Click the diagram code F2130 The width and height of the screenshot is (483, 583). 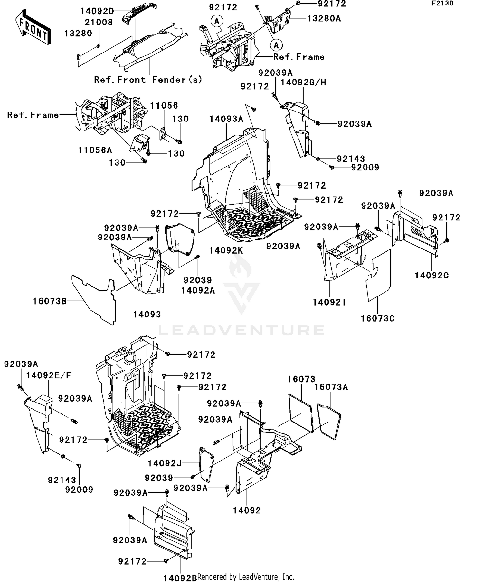point(442,4)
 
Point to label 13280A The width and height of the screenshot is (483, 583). point(324,19)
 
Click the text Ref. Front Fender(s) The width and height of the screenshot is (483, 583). point(148,80)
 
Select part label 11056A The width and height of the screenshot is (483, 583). point(95,150)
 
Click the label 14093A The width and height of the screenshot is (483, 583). point(226,119)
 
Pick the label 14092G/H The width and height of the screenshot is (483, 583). point(303,83)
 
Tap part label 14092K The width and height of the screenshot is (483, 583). point(226,250)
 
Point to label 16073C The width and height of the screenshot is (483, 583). point(377,318)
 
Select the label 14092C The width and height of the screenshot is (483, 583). point(431,276)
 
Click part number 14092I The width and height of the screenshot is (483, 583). point(329,302)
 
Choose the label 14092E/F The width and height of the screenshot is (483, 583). point(49,375)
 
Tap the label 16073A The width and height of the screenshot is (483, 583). point(331,387)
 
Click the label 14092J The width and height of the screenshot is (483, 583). point(165,463)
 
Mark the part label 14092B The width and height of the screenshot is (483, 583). point(180,578)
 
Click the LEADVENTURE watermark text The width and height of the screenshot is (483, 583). point(241,330)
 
